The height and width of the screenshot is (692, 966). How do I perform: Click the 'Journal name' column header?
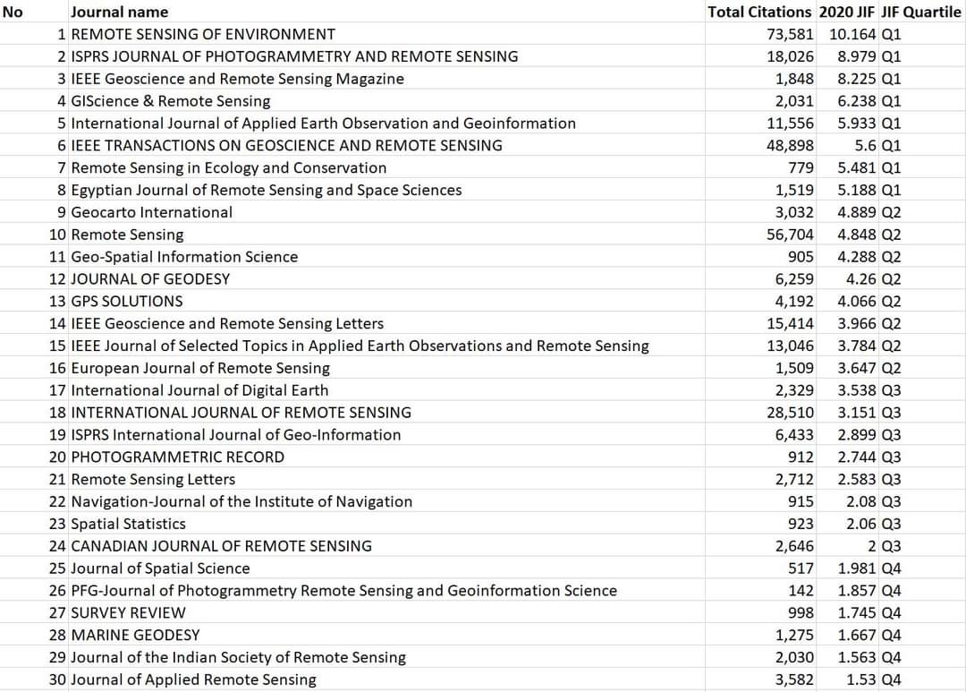click(x=119, y=13)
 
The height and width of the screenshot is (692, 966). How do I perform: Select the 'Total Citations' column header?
click(x=759, y=13)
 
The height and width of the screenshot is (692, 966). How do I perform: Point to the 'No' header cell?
click(x=13, y=13)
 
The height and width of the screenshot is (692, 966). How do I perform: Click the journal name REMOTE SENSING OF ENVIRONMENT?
click(x=203, y=35)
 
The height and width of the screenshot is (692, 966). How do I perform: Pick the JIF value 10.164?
click(x=852, y=35)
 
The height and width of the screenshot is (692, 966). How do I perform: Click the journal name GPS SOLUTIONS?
click(x=126, y=302)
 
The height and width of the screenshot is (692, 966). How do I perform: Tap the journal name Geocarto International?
click(x=151, y=212)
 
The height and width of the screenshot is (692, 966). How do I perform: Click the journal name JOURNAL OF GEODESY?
click(x=150, y=279)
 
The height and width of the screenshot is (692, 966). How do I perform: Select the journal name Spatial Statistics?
click(x=128, y=524)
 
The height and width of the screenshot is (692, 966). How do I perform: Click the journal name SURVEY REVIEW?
click(x=128, y=613)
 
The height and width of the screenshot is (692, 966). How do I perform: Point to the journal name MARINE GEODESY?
click(x=135, y=636)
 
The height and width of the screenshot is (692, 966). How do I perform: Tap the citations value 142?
click(x=801, y=591)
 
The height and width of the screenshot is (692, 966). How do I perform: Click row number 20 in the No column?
click(x=57, y=457)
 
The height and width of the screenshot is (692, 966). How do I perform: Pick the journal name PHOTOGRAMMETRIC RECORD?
click(x=177, y=457)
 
